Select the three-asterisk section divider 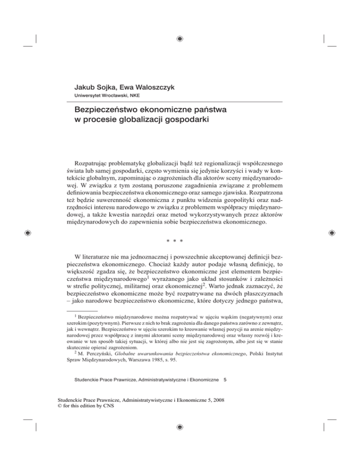coord(180,228)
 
